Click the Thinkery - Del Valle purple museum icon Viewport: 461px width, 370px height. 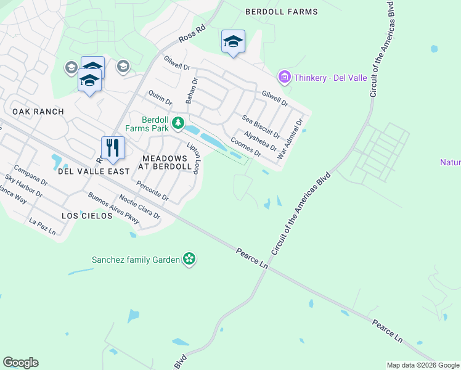pyautogui.click(x=285, y=78)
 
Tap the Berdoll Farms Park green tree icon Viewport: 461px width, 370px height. pyautogui.click(x=178, y=123)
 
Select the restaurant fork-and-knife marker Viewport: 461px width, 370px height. pyautogui.click(x=113, y=147)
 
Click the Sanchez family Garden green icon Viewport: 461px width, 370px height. pyautogui.click(x=189, y=260)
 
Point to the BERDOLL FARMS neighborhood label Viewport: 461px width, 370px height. pyautogui.click(x=282, y=12)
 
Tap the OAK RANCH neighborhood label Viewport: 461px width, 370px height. pyautogui.click(x=38, y=111)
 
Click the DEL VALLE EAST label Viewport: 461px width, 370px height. pyautogui.click(x=94, y=171)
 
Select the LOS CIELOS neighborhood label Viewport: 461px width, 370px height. pyautogui.click(x=87, y=216)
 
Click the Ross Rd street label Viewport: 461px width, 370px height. pyautogui.click(x=191, y=34)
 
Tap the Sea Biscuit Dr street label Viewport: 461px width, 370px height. pyautogui.click(x=261, y=127)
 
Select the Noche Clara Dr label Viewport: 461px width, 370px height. pyautogui.click(x=139, y=207)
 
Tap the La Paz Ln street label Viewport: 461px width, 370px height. pyautogui.click(x=43, y=226)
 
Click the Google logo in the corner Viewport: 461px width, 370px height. pyautogui.click(x=20, y=363)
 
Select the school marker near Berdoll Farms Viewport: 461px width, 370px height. pyautogui.click(x=233, y=41)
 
